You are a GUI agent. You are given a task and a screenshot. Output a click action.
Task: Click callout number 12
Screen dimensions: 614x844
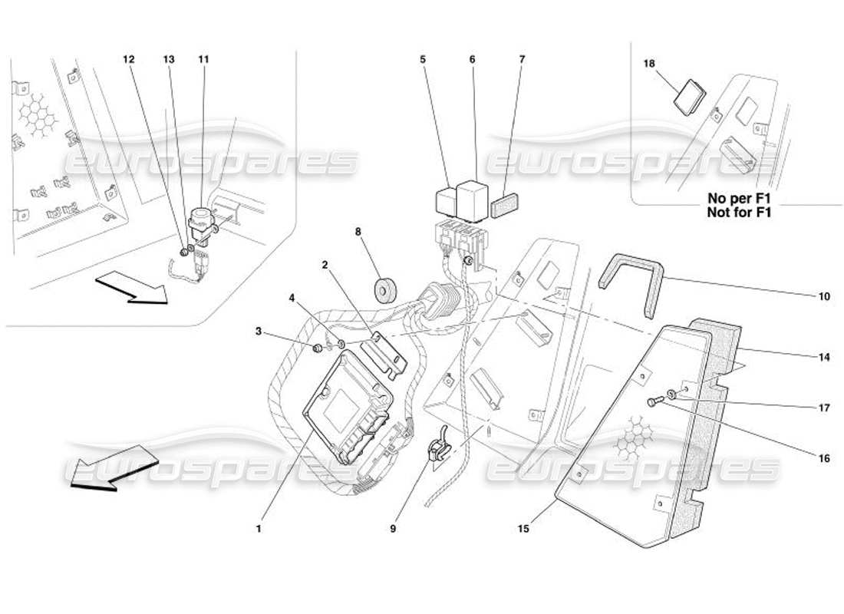pos(128,59)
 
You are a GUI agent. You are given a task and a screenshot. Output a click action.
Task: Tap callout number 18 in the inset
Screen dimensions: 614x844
pos(650,65)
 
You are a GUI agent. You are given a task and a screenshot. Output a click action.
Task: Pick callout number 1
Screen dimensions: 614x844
pos(259,529)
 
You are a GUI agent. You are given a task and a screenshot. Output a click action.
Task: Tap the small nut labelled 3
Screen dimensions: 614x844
pos(316,349)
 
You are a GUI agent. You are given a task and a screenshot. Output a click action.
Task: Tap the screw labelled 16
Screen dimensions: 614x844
pos(654,400)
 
